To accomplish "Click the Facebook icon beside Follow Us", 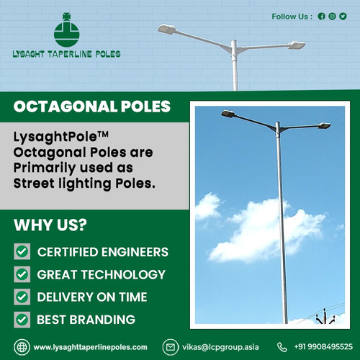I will coord(321,16).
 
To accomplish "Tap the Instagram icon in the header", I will coord(332,16).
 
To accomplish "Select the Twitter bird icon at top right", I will coord(343,16).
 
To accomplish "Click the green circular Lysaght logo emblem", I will coord(66,30).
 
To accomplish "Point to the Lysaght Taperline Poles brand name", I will coord(67,53).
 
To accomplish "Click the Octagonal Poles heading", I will coord(92,107).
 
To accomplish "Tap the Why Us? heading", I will coord(50,224).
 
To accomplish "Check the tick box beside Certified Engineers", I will coord(22,252).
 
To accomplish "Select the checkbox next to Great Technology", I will coord(22,274).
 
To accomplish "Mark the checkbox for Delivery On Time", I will coord(22,297).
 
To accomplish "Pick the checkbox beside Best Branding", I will coord(22,319).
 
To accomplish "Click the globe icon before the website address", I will coord(22,347).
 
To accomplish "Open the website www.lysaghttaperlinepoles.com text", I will coord(90,347).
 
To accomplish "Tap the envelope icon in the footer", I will coord(171,347).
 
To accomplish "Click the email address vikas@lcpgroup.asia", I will coord(220,347).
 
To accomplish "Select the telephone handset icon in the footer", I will coord(282,347).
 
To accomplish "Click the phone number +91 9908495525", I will coord(324,347).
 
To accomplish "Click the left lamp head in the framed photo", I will coord(228,114).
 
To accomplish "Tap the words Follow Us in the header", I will coord(292,16).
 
